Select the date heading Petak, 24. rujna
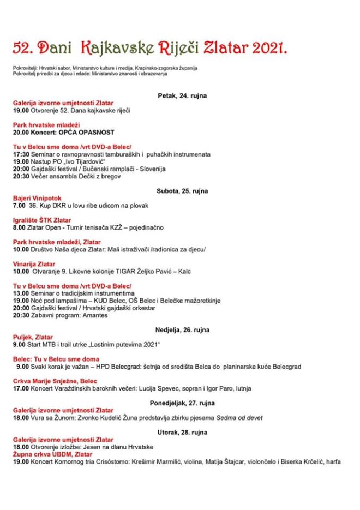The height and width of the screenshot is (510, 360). (x=182, y=95)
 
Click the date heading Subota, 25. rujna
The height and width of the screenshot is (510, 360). (x=182, y=191)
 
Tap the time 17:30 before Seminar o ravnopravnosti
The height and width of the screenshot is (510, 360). (x=21, y=154)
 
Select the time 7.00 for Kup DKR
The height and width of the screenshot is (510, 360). (x=19, y=205)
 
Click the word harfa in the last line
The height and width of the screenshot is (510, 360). (x=333, y=461)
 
